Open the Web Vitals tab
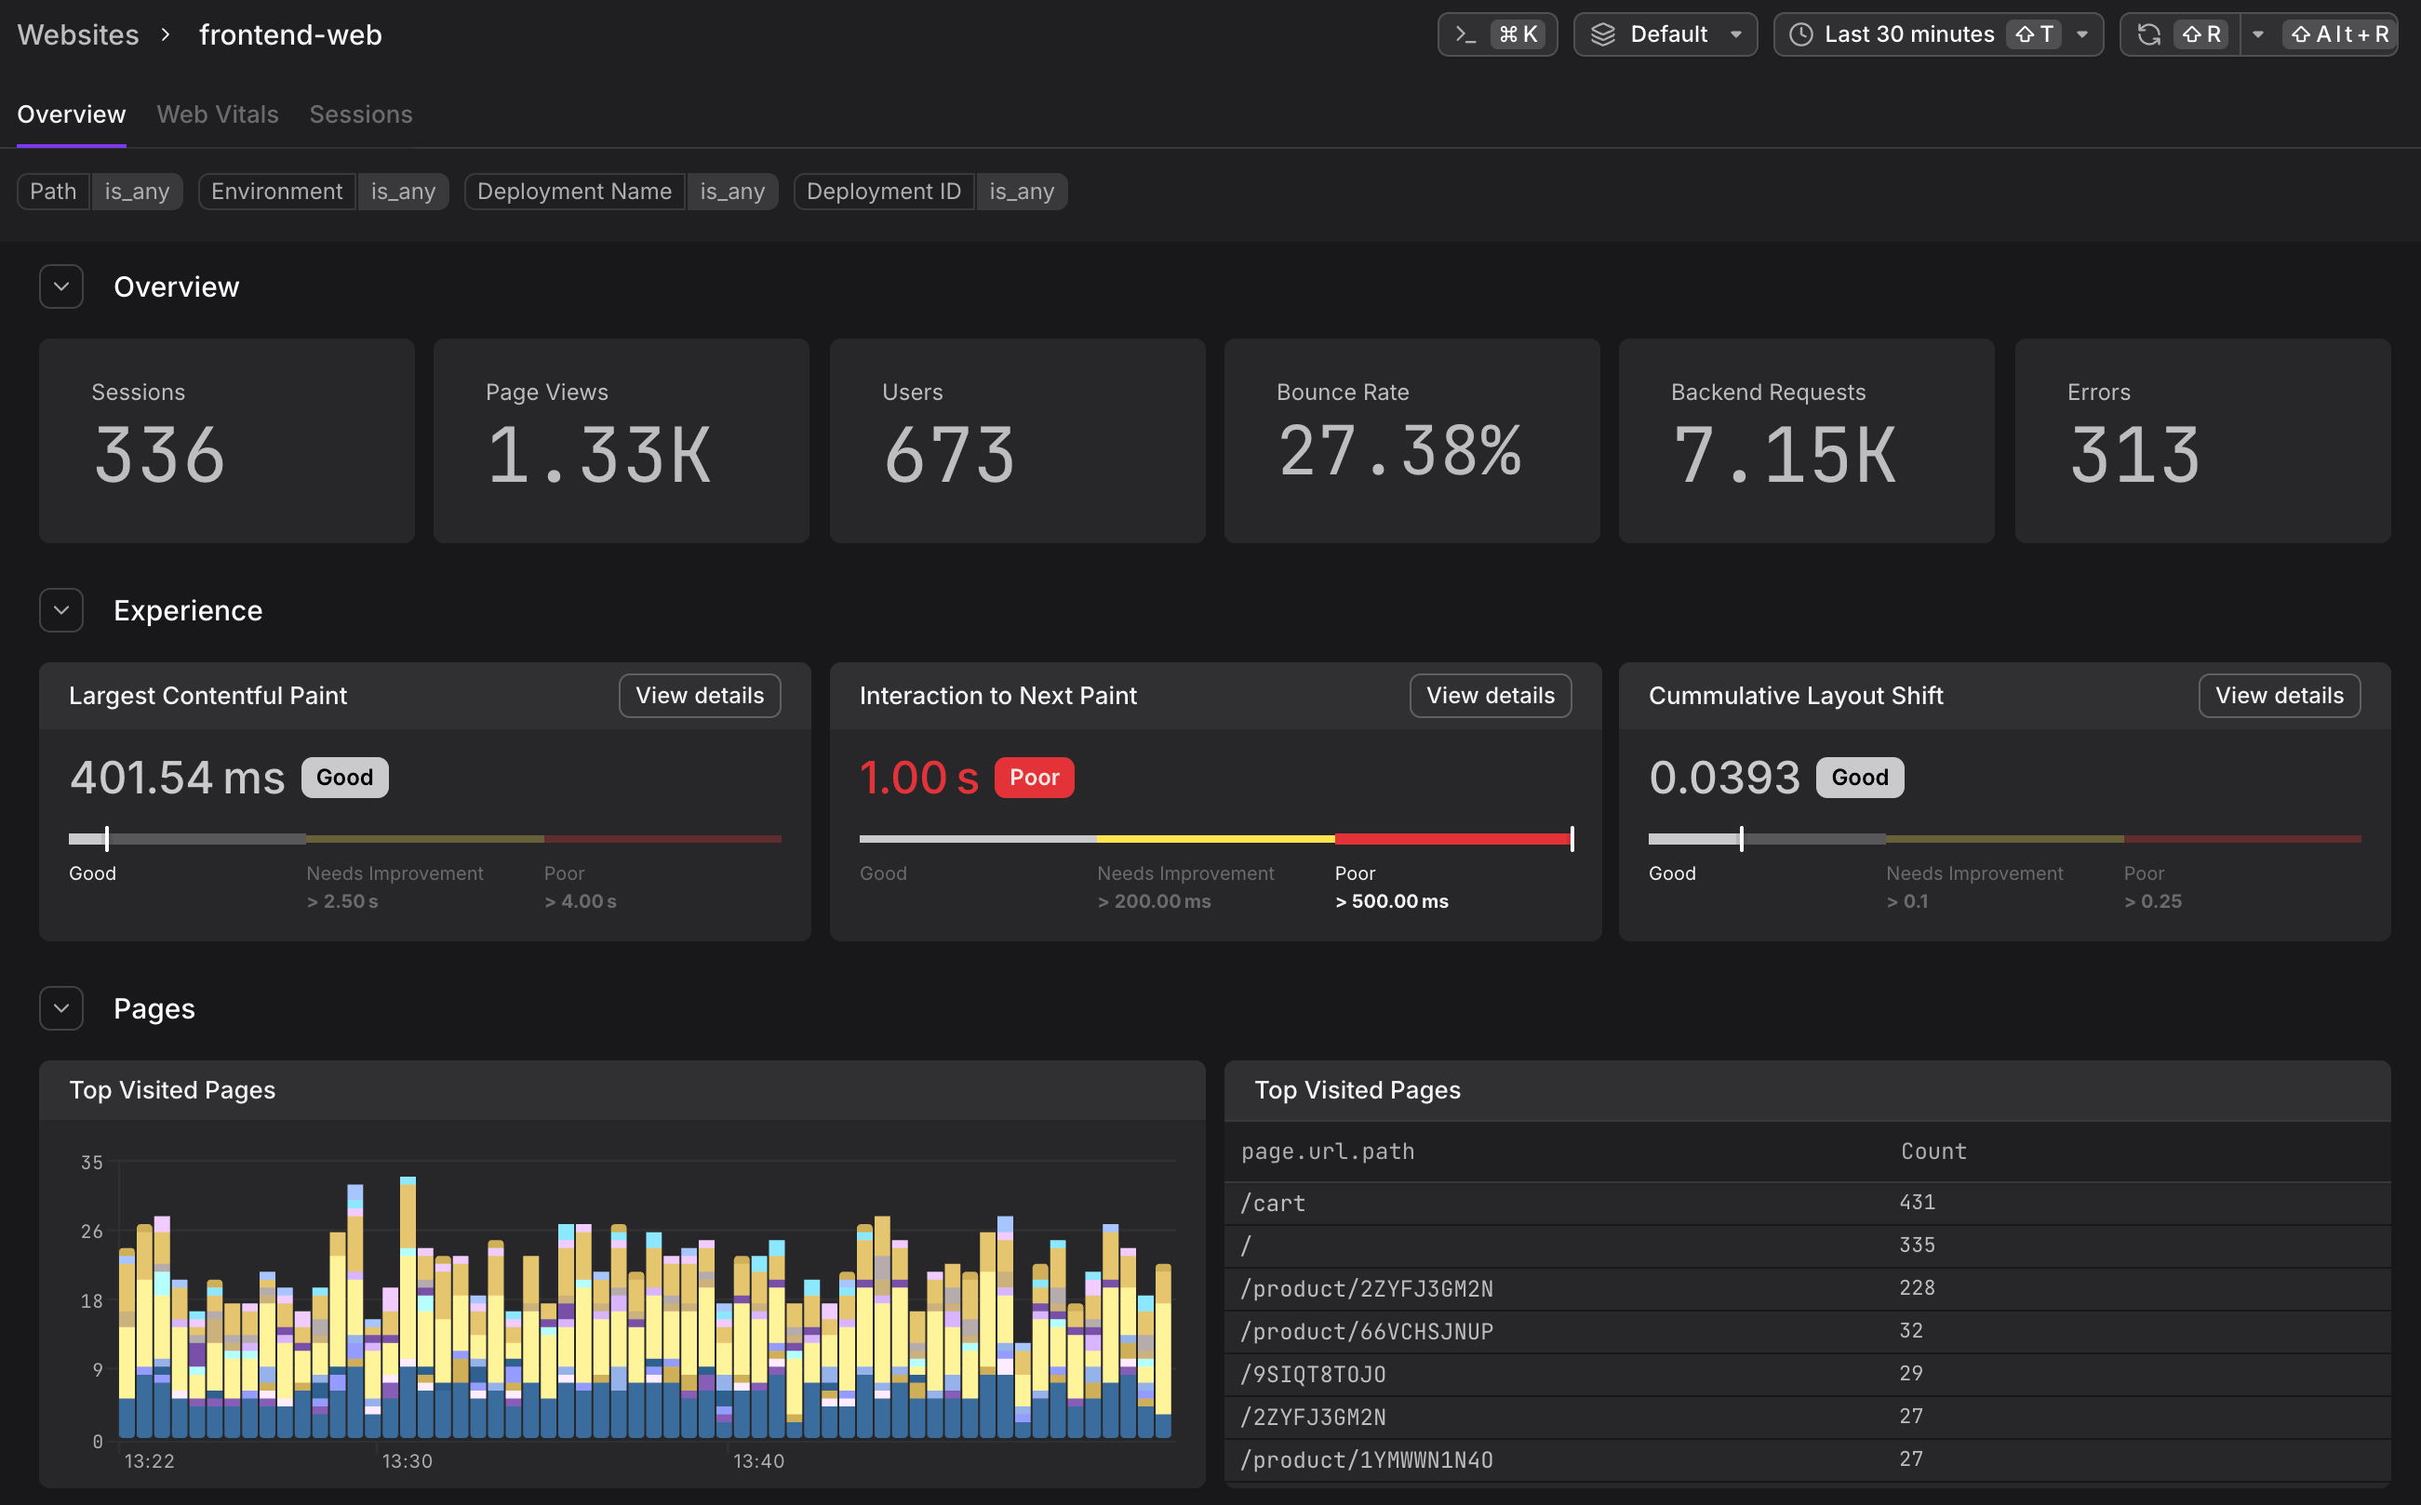coord(217,114)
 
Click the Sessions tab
coord(360,114)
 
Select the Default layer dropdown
coord(1665,34)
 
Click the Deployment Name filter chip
coord(574,191)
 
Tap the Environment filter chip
coord(276,191)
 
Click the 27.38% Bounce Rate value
coord(1398,452)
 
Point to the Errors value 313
coord(2133,456)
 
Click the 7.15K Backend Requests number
coord(1784,456)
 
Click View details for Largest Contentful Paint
coord(699,696)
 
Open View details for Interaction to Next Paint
coord(1490,696)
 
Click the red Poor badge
coord(1034,778)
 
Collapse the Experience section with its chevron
coord(61,610)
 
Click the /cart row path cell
coord(1272,1204)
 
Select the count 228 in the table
coord(1917,1288)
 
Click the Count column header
coord(1933,1152)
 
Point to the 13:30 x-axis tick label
coord(408,1461)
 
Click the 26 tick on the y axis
coord(91,1232)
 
